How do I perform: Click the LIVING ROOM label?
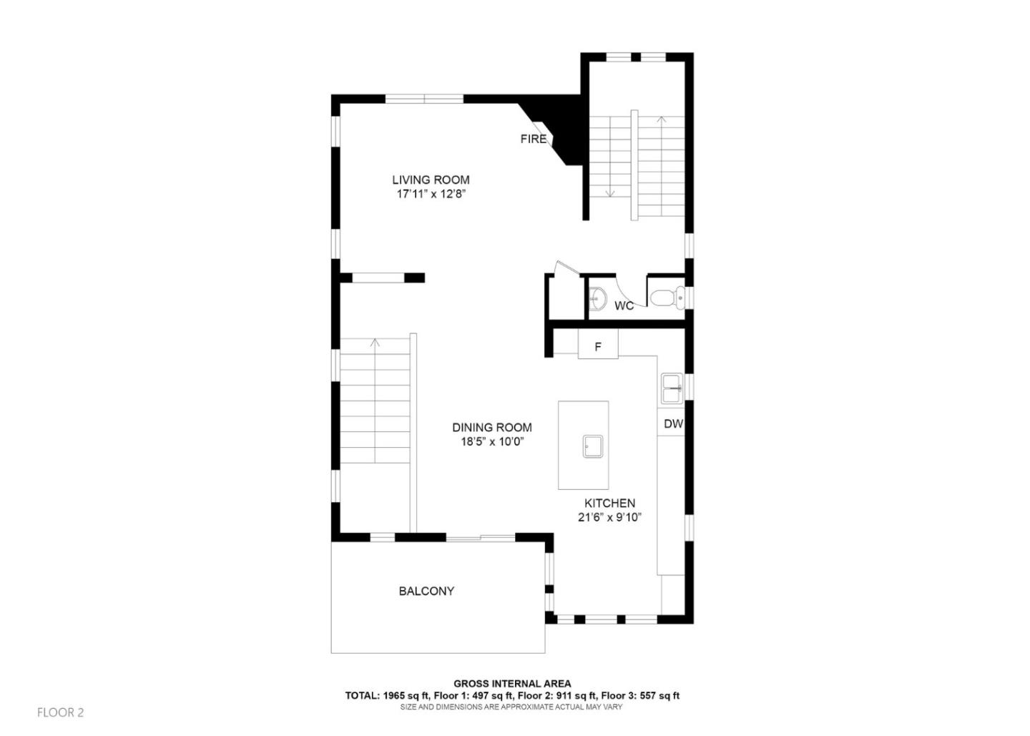[431, 180]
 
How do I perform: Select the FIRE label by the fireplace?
[533, 139]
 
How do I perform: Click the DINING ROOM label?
[491, 428]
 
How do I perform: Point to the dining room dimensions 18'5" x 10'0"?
[491, 442]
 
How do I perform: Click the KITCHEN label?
[609, 504]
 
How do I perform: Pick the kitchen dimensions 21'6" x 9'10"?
[609, 518]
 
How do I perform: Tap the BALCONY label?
[426, 592]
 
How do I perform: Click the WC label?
[624, 306]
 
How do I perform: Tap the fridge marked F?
[598, 348]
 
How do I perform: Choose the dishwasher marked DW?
[673, 424]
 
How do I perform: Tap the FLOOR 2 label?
[61, 713]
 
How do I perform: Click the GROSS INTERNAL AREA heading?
[512, 685]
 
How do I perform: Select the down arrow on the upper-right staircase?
[611, 192]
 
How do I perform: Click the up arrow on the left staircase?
[375, 343]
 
